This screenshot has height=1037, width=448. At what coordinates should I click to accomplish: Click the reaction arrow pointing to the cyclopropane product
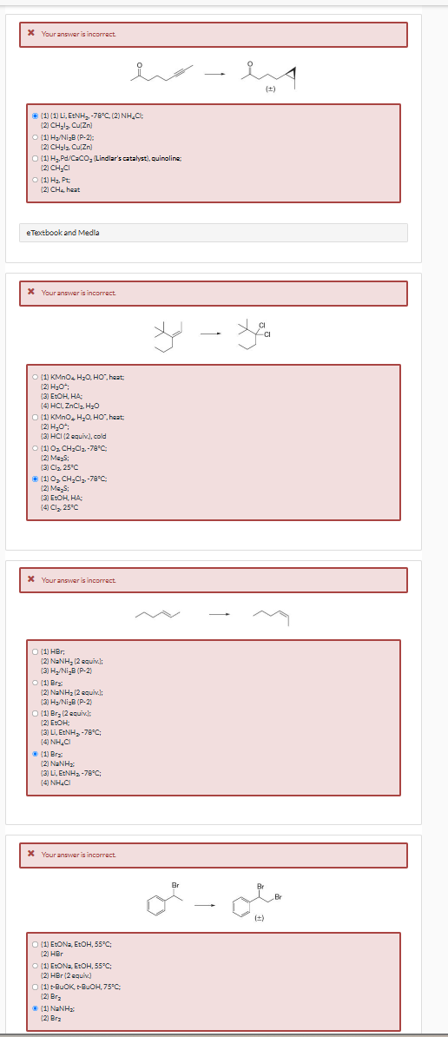(214, 73)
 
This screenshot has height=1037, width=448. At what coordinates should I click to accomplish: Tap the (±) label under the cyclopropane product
(269, 89)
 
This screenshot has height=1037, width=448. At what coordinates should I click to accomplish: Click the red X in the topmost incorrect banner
(31, 34)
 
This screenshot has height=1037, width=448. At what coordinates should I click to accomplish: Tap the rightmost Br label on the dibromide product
(278, 895)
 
